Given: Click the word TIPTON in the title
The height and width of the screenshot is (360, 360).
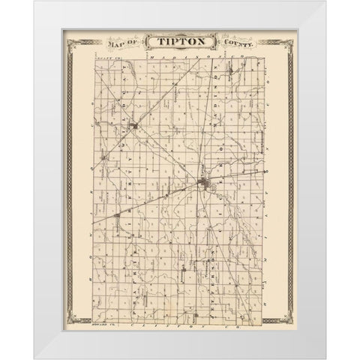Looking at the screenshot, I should (179, 43).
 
